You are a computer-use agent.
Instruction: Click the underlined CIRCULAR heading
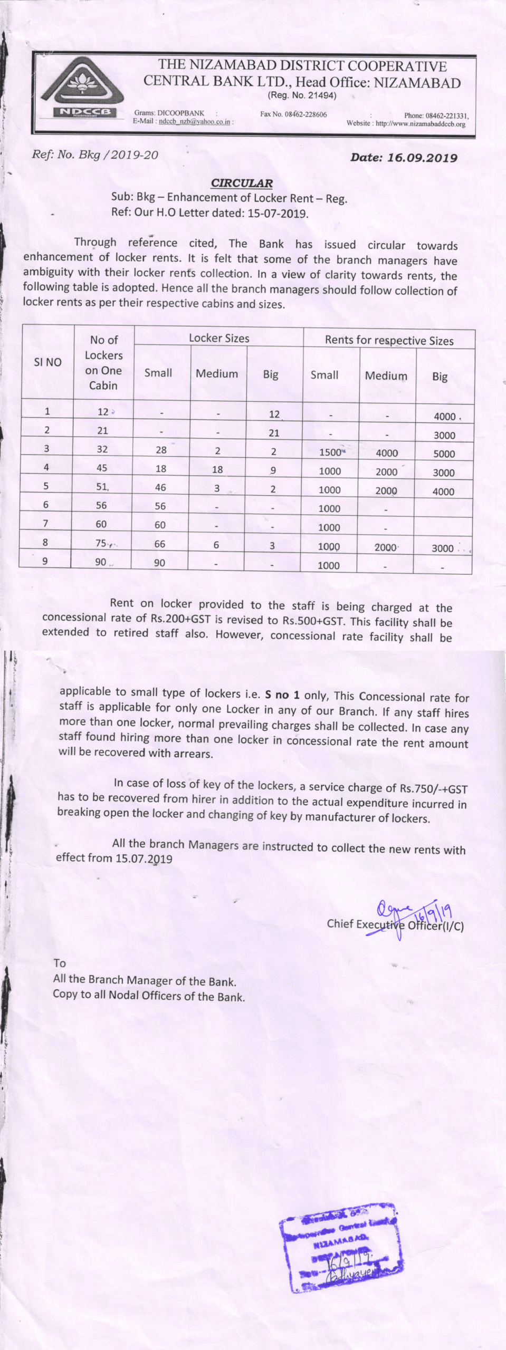coord(242,183)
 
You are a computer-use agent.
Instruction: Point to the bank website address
coord(420,124)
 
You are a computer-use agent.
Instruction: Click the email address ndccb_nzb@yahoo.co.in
coord(195,121)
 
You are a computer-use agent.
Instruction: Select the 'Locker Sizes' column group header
coord(219,338)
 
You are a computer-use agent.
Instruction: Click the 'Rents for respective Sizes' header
coord(389,340)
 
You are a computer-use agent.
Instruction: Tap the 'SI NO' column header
coord(47,362)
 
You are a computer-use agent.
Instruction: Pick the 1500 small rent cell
coord(330,452)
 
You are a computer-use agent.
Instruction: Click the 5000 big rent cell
coord(444,454)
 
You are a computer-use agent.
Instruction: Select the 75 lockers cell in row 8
coord(101,543)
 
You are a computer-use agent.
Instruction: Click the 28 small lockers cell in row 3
coord(161,450)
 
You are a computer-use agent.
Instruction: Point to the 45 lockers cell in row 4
coord(102,468)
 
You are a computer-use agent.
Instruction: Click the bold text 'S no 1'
coord(284,695)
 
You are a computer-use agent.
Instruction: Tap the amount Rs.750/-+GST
coord(433,789)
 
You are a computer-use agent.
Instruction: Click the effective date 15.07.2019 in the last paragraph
coord(144,858)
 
